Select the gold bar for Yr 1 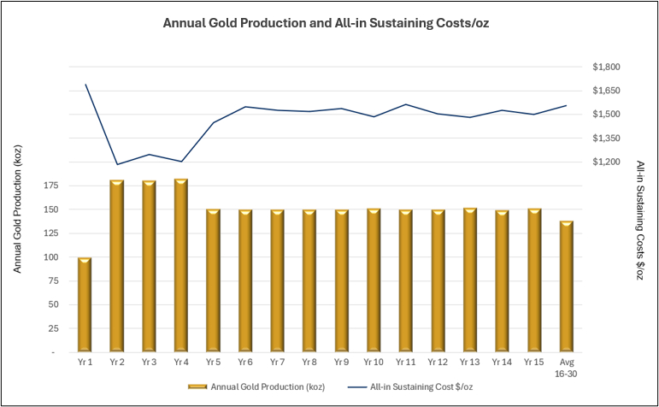click(85, 304)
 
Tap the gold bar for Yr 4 click(180, 265)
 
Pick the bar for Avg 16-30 click(566, 286)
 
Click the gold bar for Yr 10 click(374, 280)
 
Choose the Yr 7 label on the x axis click(277, 363)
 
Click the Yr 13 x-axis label click(469, 363)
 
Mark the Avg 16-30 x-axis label click(566, 368)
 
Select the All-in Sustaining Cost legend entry click(423, 387)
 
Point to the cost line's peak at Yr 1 click(85, 85)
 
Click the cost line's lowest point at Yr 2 click(116, 164)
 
